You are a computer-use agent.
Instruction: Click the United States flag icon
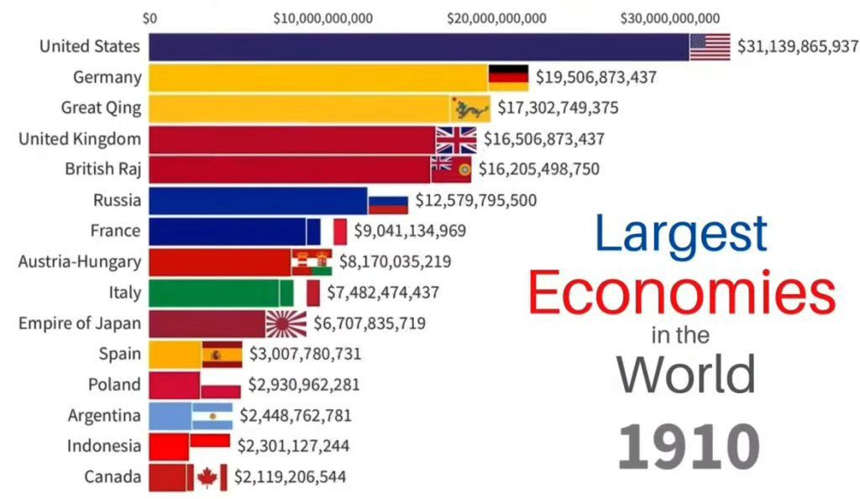point(710,47)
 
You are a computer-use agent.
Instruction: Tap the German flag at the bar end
point(508,77)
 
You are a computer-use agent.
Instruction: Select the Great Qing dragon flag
point(470,108)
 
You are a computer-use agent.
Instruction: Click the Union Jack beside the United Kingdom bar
point(456,139)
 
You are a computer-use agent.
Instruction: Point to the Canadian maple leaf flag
point(207,477)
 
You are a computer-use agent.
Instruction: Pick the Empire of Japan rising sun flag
point(286,323)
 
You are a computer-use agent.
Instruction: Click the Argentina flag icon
point(212,416)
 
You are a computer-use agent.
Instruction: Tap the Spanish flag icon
point(222,355)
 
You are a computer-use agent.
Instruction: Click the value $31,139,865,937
point(798,47)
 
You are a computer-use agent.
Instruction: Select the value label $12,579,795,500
point(475,201)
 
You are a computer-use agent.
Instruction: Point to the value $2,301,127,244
point(293,446)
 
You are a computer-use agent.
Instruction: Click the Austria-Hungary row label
point(80,261)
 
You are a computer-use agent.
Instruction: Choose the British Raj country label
point(102,169)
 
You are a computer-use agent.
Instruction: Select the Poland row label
point(114,385)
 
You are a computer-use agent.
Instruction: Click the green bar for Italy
point(214,292)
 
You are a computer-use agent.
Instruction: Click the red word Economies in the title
point(682,294)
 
